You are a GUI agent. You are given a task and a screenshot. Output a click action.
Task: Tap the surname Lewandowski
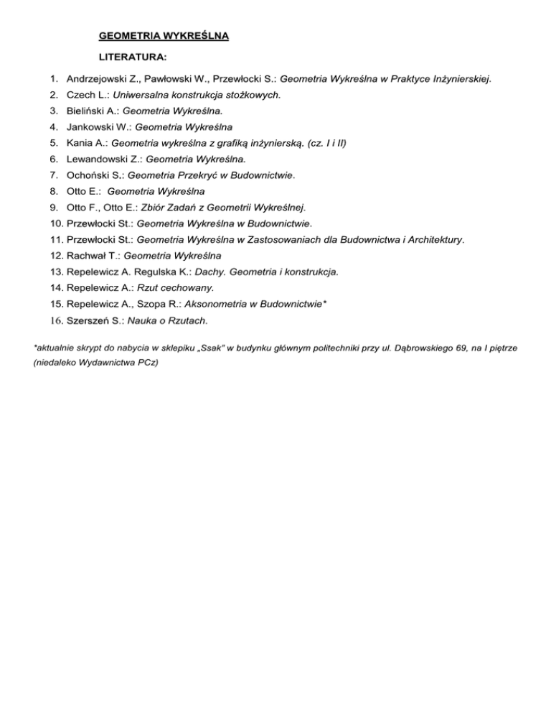(x=100, y=159)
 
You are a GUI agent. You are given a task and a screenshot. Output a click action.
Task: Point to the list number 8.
(x=55, y=191)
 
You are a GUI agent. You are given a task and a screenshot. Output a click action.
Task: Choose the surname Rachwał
(x=88, y=255)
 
